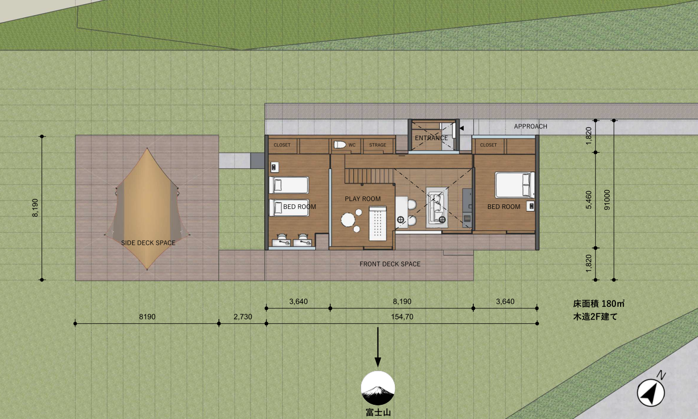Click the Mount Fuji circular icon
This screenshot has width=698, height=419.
click(x=377, y=388)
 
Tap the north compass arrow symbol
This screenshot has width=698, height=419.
click(x=651, y=393)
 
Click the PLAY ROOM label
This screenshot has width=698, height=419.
click(x=363, y=199)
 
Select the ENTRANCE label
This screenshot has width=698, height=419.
click(x=431, y=138)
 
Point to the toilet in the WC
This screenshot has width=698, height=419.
click(x=340, y=145)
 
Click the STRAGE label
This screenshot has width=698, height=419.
click(x=377, y=145)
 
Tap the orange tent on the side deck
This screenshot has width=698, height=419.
click(x=147, y=209)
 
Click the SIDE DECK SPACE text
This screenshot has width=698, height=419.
click(x=148, y=243)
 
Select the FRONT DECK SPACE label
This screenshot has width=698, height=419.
click(x=390, y=264)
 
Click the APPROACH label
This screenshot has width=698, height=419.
click(x=531, y=126)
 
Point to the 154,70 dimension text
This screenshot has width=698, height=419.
click(x=402, y=317)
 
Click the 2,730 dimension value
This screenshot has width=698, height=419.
click(x=243, y=317)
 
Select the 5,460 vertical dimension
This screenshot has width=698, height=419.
click(x=589, y=199)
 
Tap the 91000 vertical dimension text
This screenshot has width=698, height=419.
click(x=607, y=199)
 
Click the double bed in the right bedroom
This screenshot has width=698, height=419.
click(x=515, y=185)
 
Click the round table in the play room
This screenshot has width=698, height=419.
click(x=348, y=220)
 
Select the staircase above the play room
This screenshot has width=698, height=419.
click(x=369, y=176)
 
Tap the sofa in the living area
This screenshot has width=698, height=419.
click(x=437, y=207)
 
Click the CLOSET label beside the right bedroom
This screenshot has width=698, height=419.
click(x=488, y=145)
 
